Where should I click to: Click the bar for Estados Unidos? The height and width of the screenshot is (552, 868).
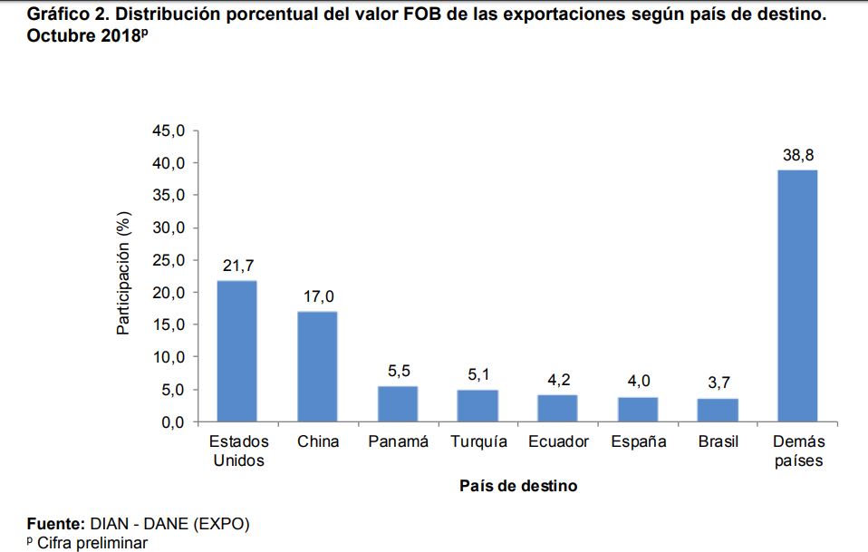point(236,352)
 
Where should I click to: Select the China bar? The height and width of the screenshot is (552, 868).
point(317,367)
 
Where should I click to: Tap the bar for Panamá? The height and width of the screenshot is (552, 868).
point(398,404)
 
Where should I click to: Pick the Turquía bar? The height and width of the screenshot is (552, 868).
point(477,406)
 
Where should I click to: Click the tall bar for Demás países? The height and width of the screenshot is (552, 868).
point(798,295)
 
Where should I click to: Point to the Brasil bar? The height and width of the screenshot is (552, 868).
point(718,411)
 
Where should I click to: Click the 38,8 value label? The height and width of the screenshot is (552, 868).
point(798,156)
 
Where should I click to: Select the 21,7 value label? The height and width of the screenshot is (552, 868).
point(237,266)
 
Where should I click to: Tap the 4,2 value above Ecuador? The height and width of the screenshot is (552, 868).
point(558,380)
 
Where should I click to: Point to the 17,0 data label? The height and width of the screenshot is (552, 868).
point(318,297)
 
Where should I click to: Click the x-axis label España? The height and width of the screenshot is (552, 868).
point(638,442)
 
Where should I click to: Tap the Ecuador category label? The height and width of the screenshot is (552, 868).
point(558,442)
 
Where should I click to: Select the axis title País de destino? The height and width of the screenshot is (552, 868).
point(517,486)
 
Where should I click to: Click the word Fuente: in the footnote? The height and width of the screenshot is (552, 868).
point(55,524)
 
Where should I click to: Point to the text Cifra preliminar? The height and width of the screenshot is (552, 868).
point(92,542)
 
